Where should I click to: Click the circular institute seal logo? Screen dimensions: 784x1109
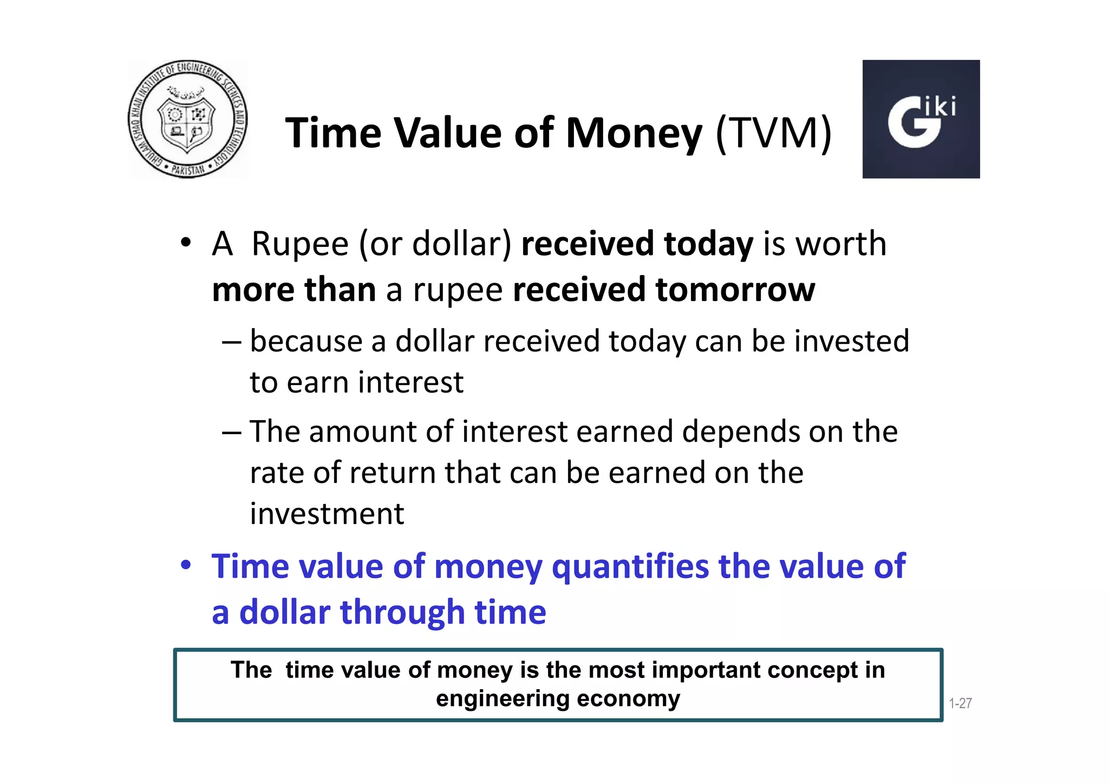[x=188, y=119]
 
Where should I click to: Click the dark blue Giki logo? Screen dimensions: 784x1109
[x=921, y=119]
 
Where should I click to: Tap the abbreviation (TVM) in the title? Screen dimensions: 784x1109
[x=773, y=133]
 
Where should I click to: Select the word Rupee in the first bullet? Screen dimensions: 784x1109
[x=300, y=245]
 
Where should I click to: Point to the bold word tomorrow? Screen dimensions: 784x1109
[x=735, y=290]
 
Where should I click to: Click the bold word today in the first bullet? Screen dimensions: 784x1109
[x=708, y=245]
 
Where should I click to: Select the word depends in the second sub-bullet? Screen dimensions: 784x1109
[x=740, y=432]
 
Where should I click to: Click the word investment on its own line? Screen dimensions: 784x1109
[x=327, y=514]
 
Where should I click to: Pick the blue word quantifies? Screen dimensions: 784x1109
[x=630, y=567]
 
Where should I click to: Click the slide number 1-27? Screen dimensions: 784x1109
[x=960, y=703]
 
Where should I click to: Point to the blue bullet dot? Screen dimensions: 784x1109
[x=186, y=565]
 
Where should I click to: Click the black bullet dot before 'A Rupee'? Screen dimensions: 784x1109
[x=186, y=242]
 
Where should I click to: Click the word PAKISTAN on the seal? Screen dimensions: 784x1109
[x=188, y=169]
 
